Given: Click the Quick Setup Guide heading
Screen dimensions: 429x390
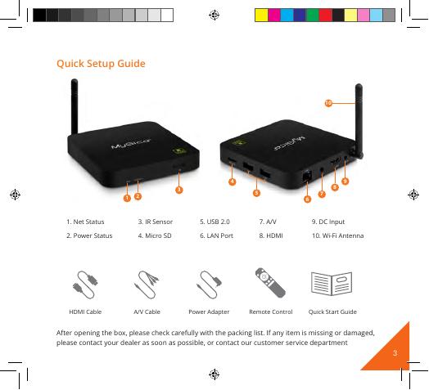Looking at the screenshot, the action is click(101, 64).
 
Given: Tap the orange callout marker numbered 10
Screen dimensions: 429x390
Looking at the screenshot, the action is click(328, 103).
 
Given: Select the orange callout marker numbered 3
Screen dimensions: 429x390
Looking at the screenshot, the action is click(179, 190).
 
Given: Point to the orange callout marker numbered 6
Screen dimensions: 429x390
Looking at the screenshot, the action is click(307, 199).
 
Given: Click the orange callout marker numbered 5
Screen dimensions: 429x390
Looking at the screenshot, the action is click(256, 193).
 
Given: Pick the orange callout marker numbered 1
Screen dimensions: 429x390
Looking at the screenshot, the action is click(127, 198).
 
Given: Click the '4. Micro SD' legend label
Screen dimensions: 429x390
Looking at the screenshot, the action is click(155, 235).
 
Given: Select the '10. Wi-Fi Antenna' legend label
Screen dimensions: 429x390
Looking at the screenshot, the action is click(338, 235).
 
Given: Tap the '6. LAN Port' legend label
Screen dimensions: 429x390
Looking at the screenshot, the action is click(216, 235).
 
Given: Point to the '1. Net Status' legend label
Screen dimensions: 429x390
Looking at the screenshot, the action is click(85, 222).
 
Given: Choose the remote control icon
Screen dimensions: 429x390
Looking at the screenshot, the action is click(270, 283).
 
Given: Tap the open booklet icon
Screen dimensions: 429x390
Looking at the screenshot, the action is click(332, 284).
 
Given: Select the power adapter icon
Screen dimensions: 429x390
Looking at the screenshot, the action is click(210, 285).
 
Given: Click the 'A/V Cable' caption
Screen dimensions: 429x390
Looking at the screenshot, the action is click(147, 312).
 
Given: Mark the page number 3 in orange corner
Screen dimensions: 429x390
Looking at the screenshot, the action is click(395, 353).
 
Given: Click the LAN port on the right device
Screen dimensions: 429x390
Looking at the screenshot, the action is click(307, 176).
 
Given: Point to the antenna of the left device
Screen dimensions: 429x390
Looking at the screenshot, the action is click(75, 106).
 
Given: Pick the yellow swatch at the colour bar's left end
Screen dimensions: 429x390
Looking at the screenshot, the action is click(261, 15).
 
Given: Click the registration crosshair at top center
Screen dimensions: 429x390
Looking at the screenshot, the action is click(214, 15).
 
